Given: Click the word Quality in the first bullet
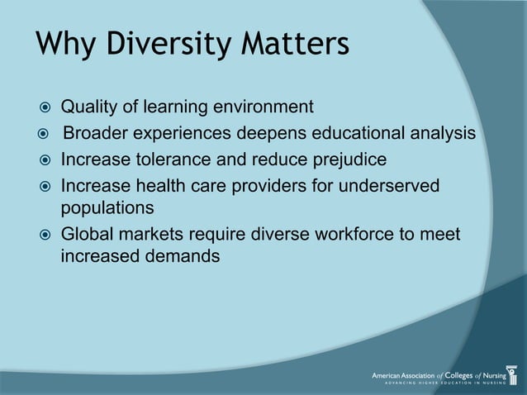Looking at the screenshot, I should coord(89,107).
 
